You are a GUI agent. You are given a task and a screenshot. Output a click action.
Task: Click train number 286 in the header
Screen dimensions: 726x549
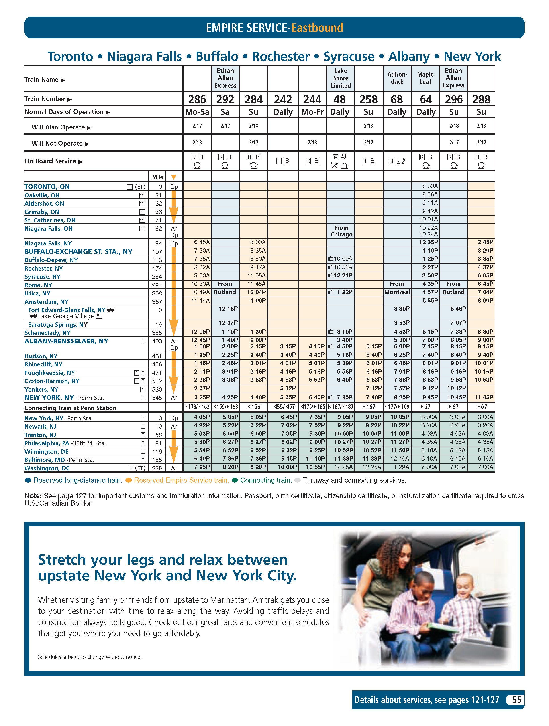[x=197, y=99]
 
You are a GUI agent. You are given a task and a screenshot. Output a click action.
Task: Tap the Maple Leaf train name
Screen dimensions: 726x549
[x=425, y=78]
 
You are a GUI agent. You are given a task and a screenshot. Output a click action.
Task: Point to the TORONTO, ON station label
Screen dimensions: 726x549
[x=47, y=187]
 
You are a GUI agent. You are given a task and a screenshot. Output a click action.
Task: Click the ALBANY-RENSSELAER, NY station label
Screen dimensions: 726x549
[x=66, y=341]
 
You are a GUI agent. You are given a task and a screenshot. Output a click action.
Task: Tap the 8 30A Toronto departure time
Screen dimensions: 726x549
[x=430, y=186]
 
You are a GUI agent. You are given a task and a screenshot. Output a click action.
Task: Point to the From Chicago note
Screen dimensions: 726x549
[x=341, y=231]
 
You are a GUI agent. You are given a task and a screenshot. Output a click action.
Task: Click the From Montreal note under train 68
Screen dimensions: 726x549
[x=397, y=288]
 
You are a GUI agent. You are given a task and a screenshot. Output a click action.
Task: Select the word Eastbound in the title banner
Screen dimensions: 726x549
[x=317, y=28]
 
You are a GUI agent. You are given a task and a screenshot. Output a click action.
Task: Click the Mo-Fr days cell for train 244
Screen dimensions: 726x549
[x=312, y=112]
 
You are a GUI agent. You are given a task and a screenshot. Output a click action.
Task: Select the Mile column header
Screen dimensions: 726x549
[x=157, y=177]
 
